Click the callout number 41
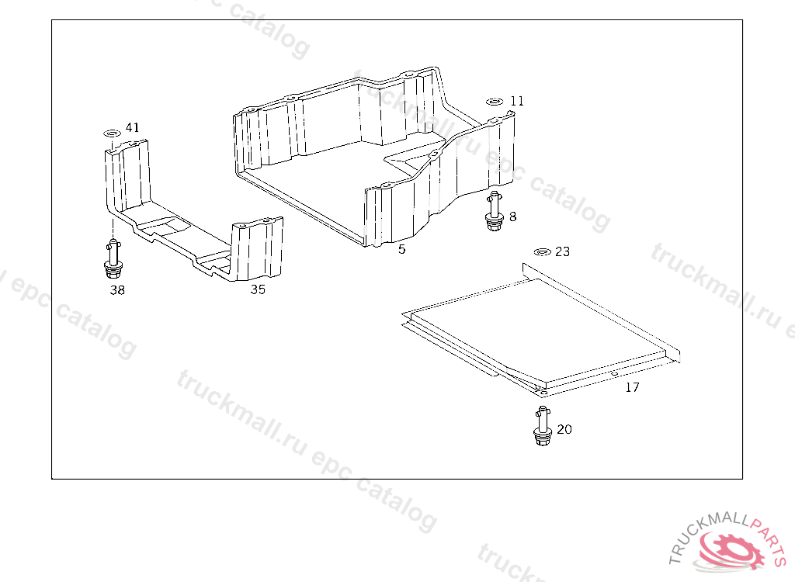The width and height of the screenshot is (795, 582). (x=132, y=127)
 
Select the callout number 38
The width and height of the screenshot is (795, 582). (x=117, y=290)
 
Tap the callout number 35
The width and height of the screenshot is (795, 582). (x=258, y=289)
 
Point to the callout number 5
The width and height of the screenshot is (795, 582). (x=401, y=249)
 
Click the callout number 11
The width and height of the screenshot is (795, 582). (x=516, y=101)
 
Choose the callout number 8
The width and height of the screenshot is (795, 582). (x=512, y=217)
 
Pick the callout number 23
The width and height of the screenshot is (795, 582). (x=562, y=251)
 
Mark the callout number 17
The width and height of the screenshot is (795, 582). (x=632, y=387)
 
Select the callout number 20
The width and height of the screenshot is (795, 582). (x=564, y=429)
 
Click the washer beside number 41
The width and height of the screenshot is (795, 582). (x=112, y=133)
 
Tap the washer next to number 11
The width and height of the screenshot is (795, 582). (x=495, y=102)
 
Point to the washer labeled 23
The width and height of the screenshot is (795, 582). (x=543, y=252)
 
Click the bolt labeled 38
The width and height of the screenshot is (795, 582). (x=113, y=259)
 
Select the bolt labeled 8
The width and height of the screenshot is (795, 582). (x=494, y=211)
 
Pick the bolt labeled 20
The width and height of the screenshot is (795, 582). (x=543, y=426)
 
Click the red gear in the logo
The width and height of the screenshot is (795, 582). (x=730, y=549)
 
